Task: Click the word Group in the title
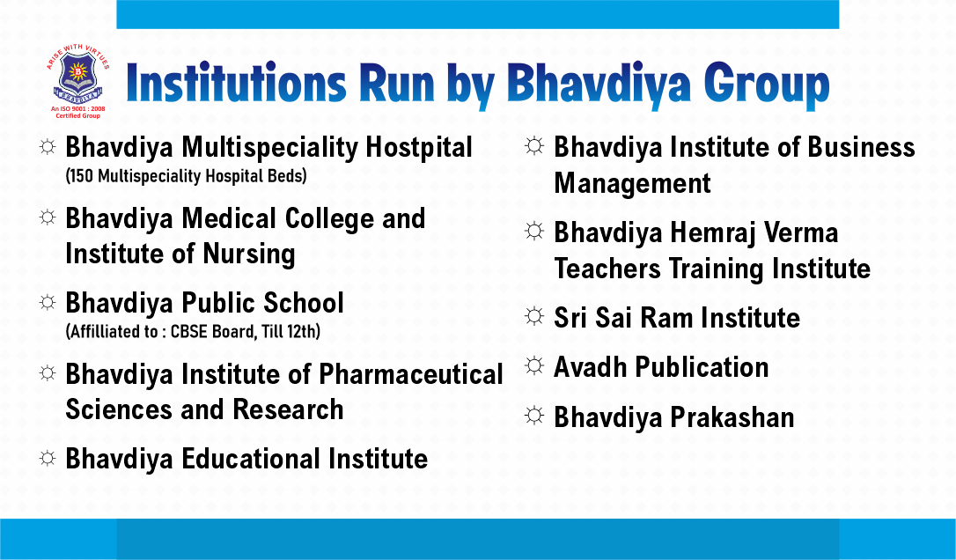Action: pyautogui.click(x=767, y=85)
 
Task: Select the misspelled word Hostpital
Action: pyautogui.click(x=419, y=148)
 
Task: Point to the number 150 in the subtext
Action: pyautogui.click(x=82, y=176)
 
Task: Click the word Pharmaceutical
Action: pyautogui.click(x=411, y=375)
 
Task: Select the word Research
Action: pyautogui.click(x=288, y=409)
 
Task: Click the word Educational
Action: pyautogui.click(x=251, y=459)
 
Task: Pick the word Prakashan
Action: pyautogui.click(x=732, y=418)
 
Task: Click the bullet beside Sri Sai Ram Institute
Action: pyautogui.click(x=534, y=316)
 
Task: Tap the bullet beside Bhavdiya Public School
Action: pyautogui.click(x=48, y=302)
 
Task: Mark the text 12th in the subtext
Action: pyautogui.click(x=303, y=332)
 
